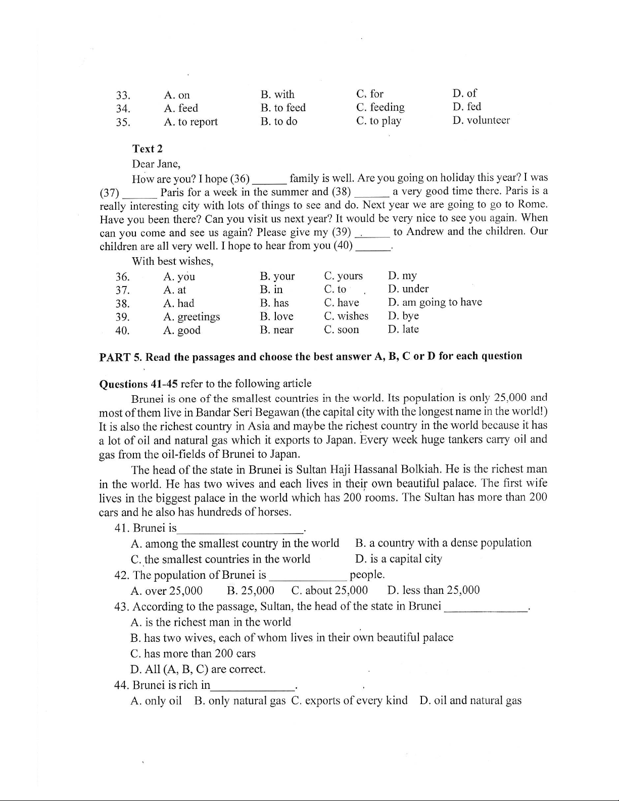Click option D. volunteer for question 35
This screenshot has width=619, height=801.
(481, 120)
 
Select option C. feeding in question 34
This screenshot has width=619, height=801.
(380, 107)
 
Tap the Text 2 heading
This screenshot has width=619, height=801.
(148, 149)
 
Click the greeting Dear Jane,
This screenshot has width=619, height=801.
(156, 164)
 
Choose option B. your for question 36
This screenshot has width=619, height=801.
(277, 276)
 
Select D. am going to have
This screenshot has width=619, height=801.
(435, 302)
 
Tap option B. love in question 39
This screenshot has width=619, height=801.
(276, 316)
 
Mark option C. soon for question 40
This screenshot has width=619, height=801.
(342, 329)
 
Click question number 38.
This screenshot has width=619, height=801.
(122, 304)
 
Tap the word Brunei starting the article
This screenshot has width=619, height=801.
(147, 398)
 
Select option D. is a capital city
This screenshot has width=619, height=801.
(398, 559)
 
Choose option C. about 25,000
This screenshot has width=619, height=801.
(329, 590)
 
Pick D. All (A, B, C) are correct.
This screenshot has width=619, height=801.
(198, 670)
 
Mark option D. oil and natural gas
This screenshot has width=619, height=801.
(470, 701)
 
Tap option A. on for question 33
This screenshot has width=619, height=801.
(177, 95)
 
